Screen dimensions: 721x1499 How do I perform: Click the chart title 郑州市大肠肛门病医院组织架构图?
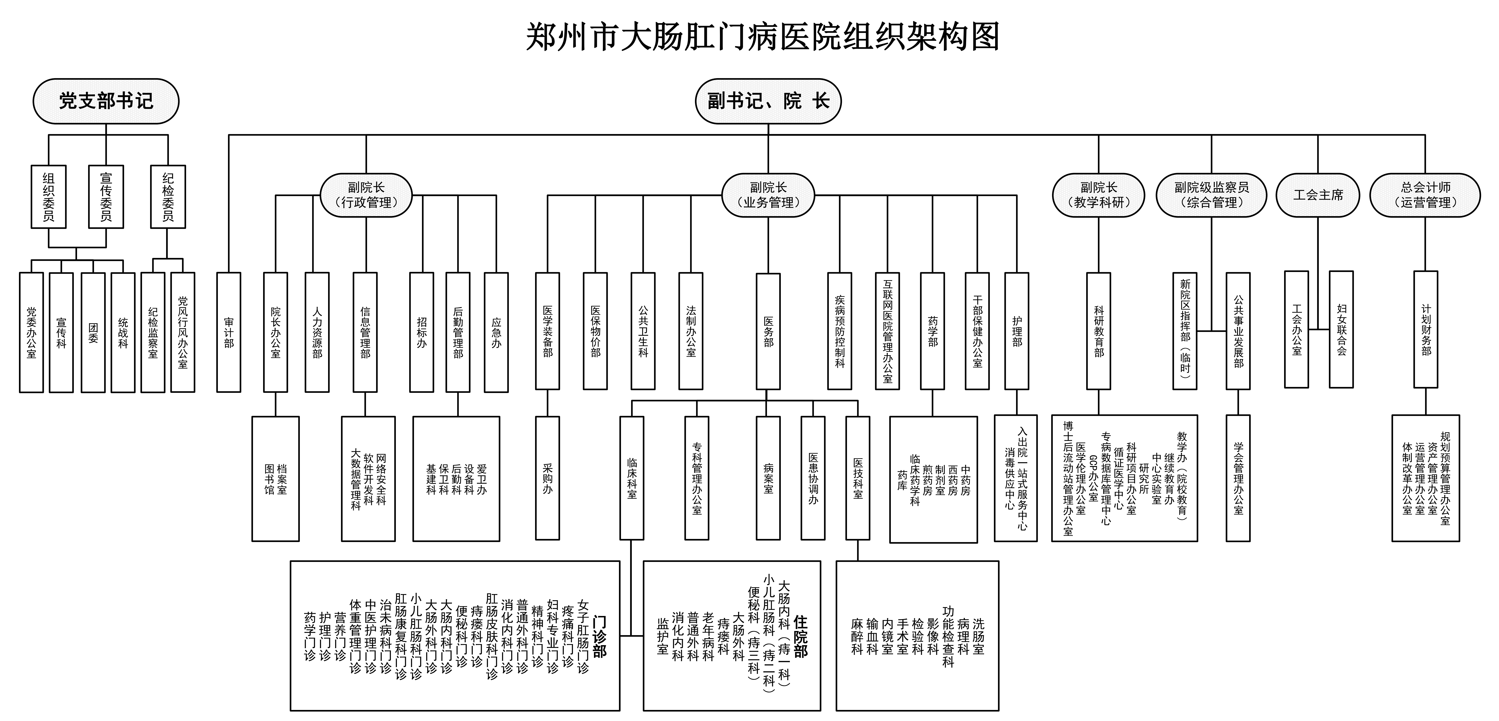[x=762, y=37]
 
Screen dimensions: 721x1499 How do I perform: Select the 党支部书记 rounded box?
[x=106, y=101]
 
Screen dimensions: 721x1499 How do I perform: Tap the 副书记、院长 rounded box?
[x=768, y=101]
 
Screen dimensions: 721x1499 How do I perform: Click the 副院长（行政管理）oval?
[x=366, y=195]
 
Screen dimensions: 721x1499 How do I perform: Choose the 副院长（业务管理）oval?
[x=768, y=195]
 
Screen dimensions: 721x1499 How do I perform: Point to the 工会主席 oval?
[x=1318, y=195]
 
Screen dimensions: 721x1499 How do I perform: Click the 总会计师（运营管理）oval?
[x=1425, y=195]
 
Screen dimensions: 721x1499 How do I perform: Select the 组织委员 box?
[x=48, y=197]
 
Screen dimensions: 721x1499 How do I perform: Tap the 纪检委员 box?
[x=167, y=197]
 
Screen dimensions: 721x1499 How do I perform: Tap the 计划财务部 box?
[x=1426, y=330]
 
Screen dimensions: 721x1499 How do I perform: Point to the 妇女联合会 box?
[x=1341, y=330]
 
